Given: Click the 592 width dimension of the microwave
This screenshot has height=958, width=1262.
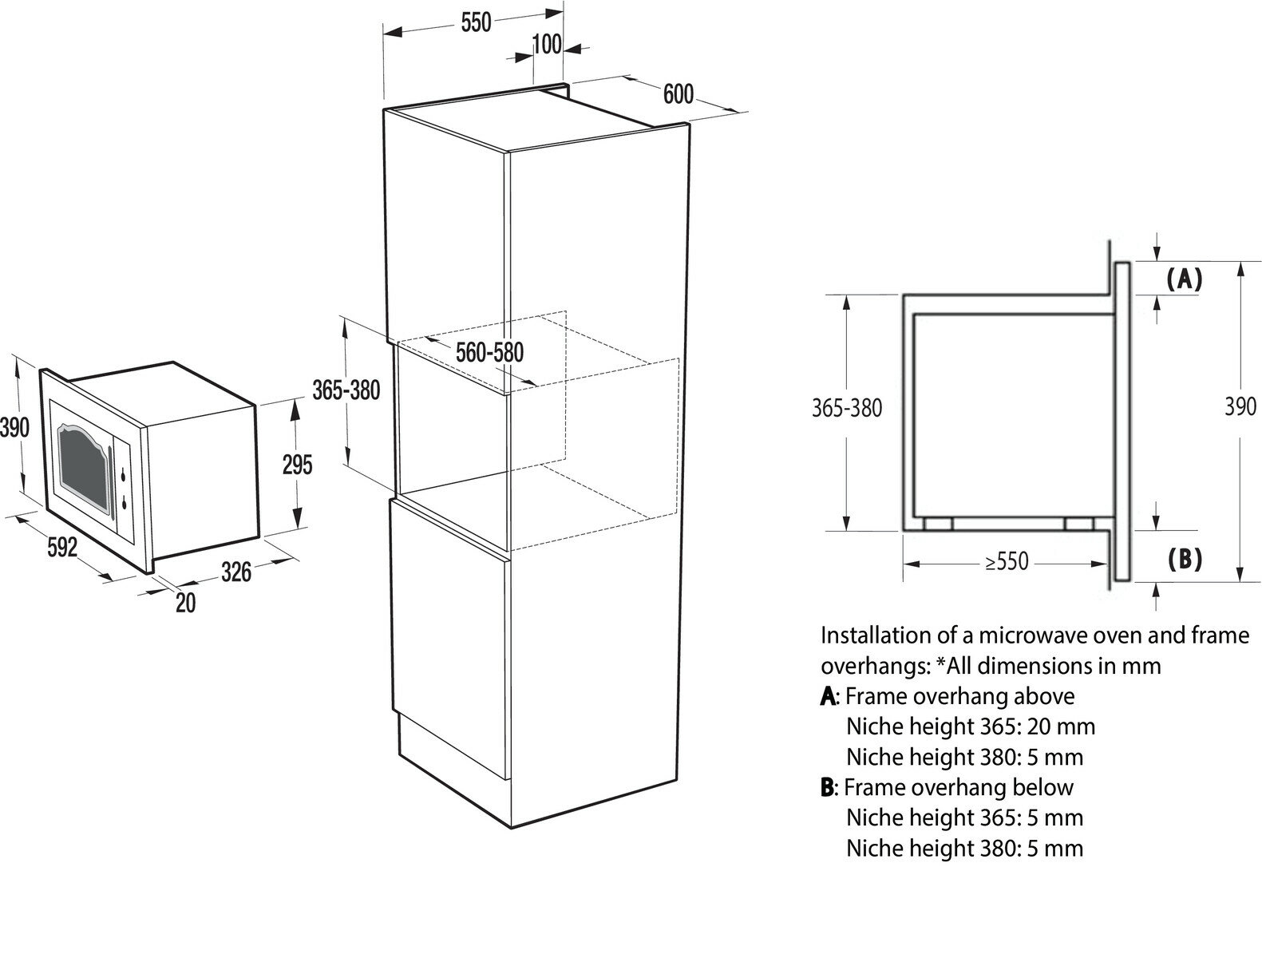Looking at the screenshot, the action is coord(61,548).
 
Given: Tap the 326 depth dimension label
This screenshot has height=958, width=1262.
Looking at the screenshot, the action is coord(236,572).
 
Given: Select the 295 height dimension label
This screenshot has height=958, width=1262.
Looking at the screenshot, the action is coord(297,464).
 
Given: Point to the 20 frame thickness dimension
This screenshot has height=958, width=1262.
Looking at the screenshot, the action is coord(185,602).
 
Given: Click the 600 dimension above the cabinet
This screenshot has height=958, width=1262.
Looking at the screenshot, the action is coord(678,94).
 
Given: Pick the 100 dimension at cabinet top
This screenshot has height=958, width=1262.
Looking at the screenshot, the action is coord(547,44).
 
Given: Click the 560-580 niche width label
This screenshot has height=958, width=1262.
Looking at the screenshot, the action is coord(489,351).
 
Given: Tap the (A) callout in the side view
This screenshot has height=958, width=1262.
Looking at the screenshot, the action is coord(1184,278).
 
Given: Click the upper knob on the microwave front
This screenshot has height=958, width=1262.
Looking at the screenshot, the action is coord(125,477).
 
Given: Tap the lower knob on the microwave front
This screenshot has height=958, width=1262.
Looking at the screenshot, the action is coord(125,503).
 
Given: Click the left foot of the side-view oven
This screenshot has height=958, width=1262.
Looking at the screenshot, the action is coord(937,524).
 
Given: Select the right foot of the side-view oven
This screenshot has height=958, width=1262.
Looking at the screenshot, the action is coord(1079,524).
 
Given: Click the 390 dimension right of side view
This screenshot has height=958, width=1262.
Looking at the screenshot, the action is coord(1240,407).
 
